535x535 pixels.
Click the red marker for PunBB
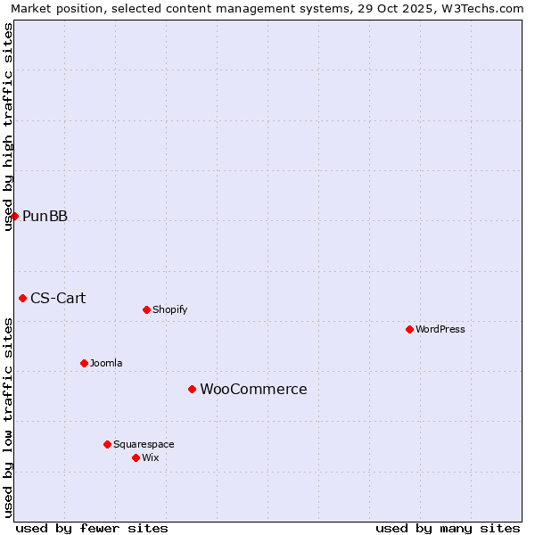14,216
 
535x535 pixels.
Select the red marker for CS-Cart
22,298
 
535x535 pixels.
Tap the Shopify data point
146,309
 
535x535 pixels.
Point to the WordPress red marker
409,329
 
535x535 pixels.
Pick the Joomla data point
84,363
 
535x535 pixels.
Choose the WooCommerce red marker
192,389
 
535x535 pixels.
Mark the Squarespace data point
107,444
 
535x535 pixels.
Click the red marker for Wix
136,457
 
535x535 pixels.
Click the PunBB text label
45,216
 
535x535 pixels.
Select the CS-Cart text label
58,298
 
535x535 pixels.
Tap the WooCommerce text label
253,389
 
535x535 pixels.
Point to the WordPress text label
440,329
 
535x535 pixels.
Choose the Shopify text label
169,309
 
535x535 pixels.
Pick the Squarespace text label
144,444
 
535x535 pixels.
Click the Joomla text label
106,363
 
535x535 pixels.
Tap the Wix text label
150,457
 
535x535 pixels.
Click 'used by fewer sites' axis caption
92,528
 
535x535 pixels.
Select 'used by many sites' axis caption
448,528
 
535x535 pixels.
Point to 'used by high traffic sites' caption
8,127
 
